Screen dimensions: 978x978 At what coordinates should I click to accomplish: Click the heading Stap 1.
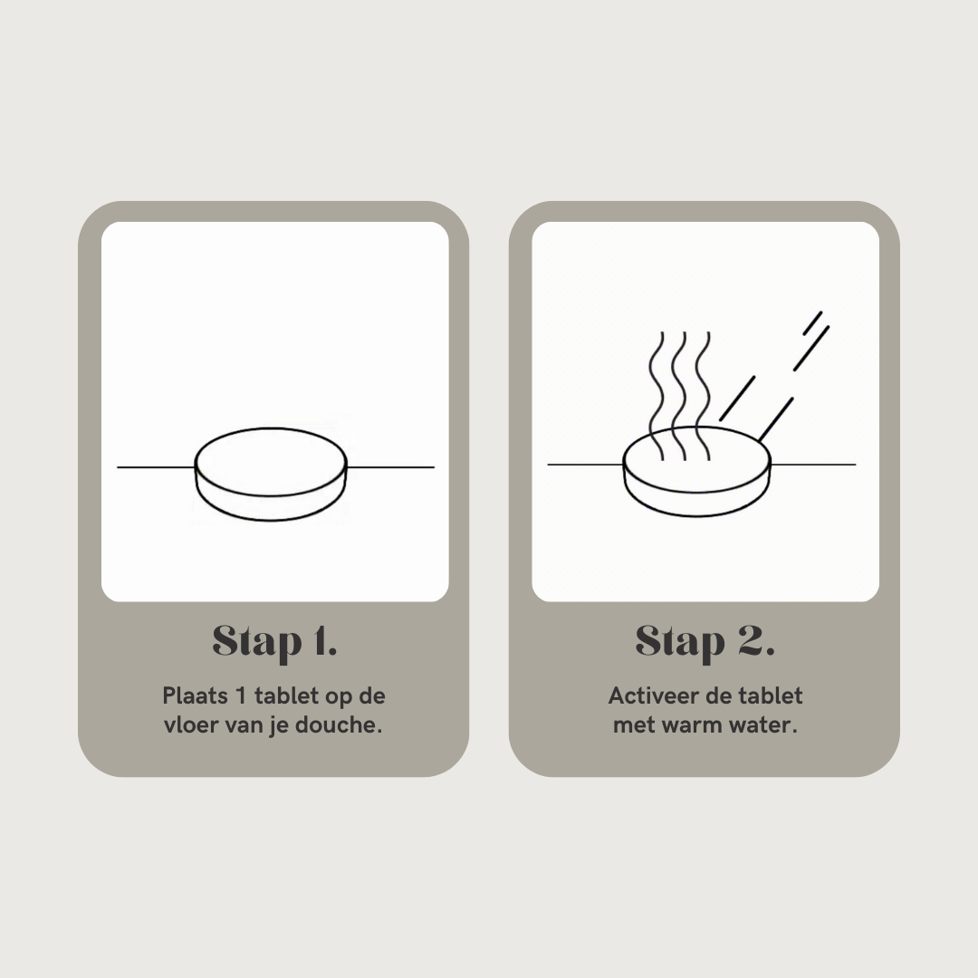pyautogui.click(x=274, y=642)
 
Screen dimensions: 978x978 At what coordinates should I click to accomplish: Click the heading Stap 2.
pyautogui.click(x=705, y=642)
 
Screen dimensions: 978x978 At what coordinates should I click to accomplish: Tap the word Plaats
pyautogui.click(x=195, y=695)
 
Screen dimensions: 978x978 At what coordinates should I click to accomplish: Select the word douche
pyautogui.click(x=338, y=724)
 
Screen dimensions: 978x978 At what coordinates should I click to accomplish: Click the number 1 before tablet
pyautogui.click(x=241, y=695)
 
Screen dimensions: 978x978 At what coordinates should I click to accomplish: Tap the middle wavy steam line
pyautogui.click(x=680, y=396)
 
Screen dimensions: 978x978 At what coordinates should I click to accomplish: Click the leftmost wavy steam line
pyautogui.click(x=657, y=396)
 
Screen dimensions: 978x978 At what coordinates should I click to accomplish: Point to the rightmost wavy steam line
pyautogui.click(x=703, y=396)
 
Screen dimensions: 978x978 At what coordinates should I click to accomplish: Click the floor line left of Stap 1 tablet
pyautogui.click(x=156, y=466)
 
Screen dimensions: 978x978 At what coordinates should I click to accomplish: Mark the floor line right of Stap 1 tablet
pyautogui.click(x=390, y=466)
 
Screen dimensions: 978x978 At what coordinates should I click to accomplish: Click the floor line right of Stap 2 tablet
pyautogui.click(x=813, y=464)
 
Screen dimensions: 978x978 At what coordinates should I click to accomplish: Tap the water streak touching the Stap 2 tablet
pyautogui.click(x=775, y=420)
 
